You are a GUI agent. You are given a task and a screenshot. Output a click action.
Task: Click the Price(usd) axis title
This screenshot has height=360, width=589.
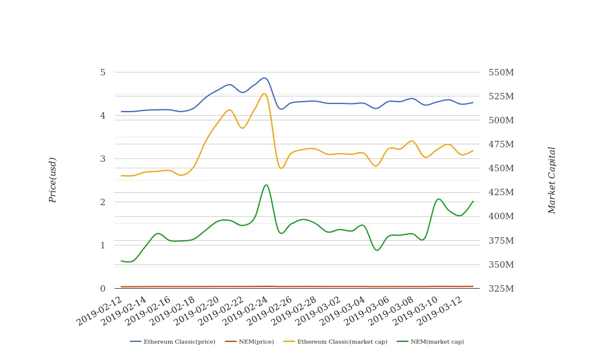pos(53,180)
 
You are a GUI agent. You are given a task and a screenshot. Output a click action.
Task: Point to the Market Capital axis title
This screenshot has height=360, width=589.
pos(552,180)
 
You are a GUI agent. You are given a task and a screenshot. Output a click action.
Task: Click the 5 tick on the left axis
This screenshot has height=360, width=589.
pos(103,72)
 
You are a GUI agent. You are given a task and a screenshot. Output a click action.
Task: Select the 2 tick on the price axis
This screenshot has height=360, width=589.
pos(103,202)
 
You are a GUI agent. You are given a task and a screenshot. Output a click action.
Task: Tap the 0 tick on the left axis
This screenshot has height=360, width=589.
pos(103,289)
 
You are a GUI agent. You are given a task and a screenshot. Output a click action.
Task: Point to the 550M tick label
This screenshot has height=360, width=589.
pos(501,72)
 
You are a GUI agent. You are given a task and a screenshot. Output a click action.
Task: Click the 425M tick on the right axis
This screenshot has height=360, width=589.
pos(501,192)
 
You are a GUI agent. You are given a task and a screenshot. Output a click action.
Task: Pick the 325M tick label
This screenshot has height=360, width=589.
pos(501,289)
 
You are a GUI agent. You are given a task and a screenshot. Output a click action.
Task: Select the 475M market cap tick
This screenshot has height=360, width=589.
pos(501,144)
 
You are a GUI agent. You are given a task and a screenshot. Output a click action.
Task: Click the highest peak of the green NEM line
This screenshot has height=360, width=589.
pos(266,185)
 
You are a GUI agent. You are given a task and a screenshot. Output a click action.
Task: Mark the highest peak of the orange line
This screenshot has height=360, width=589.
pos(264,94)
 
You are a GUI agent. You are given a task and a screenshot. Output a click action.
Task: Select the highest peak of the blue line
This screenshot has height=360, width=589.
pos(265,78)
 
